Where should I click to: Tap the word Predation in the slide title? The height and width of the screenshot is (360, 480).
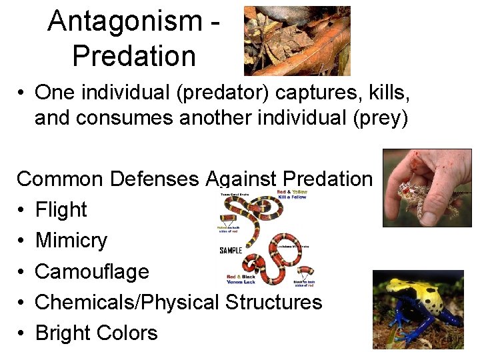pos(134,56)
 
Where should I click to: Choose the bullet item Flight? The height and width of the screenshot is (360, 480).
pos(61,209)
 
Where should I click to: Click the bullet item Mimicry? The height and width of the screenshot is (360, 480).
pos(71,240)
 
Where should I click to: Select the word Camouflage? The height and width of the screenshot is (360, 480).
pos(92,271)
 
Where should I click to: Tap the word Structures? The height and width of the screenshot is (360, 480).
pos(274,302)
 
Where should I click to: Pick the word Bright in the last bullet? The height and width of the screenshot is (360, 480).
pos(63,333)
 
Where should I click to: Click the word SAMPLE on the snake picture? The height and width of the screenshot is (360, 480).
pos(231,251)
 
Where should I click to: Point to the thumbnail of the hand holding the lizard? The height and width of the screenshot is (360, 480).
pos(427,188)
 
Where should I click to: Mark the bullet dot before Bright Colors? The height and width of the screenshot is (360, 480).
pos(22,333)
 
